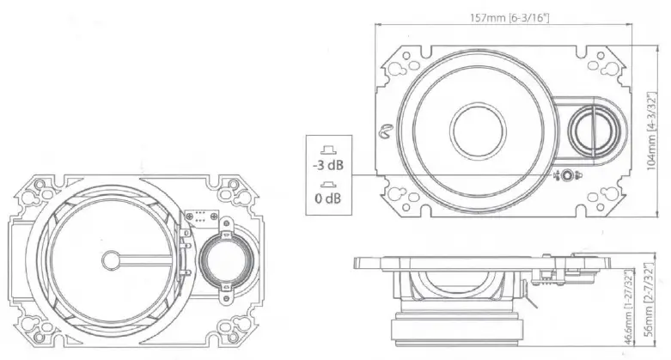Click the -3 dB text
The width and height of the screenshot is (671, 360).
327,163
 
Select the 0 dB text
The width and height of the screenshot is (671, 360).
327,199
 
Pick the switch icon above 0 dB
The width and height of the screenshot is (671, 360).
327,184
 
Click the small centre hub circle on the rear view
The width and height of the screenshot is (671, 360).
111,259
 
